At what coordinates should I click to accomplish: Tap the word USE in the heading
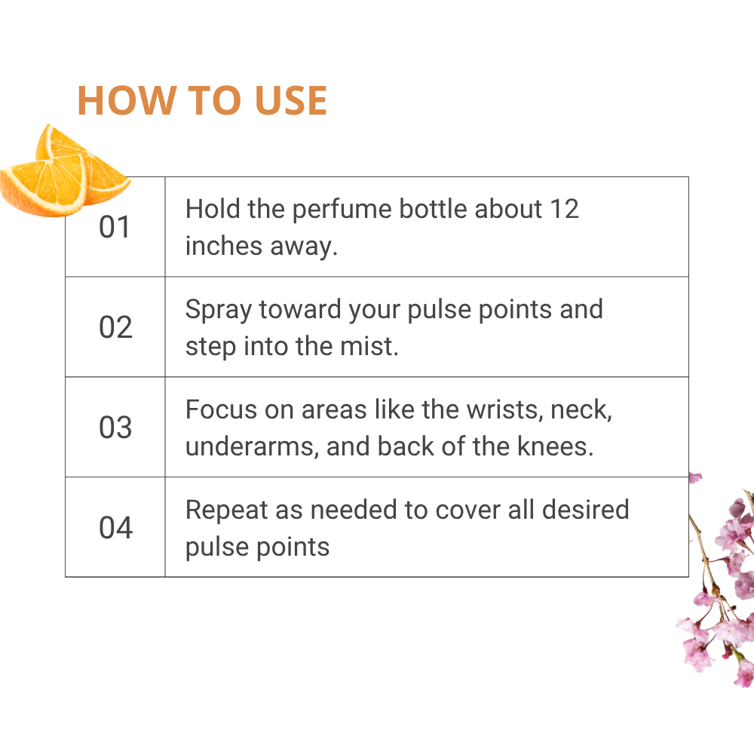(x=291, y=100)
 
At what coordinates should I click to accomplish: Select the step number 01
(x=115, y=227)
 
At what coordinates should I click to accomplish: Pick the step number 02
(x=115, y=327)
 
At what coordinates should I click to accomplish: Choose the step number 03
(x=115, y=427)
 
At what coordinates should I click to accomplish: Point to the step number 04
(x=115, y=528)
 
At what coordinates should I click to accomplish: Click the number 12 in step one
(x=564, y=209)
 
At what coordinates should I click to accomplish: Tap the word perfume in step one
(x=342, y=210)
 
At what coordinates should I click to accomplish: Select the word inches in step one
(x=224, y=246)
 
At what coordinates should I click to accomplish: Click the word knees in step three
(x=555, y=446)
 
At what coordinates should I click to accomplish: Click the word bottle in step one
(x=433, y=209)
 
